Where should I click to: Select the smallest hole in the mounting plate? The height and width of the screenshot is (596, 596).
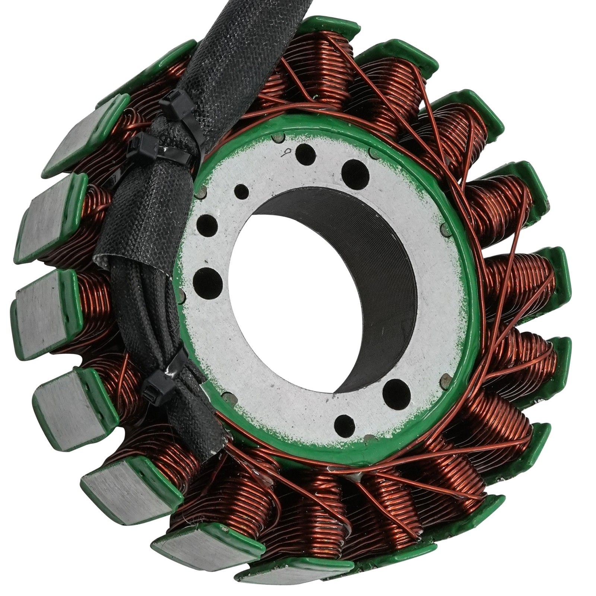coord(242,191)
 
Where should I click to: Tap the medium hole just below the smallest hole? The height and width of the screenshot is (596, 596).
coord(207,225)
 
